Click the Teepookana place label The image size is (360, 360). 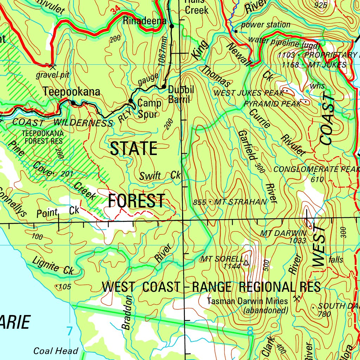click(x=71, y=92)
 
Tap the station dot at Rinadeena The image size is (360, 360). click(x=172, y=26)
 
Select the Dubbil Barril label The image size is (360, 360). click(x=181, y=94)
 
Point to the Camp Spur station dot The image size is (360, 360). click(x=130, y=101)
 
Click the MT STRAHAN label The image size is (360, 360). click(x=240, y=202)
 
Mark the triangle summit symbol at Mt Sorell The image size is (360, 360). click(x=246, y=262)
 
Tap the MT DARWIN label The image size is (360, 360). click(x=283, y=233)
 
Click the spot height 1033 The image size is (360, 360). click(x=298, y=241)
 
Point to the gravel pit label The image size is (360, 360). click(x=53, y=75)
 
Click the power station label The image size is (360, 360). click(x=265, y=25)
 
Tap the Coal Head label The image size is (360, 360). click(x=56, y=351)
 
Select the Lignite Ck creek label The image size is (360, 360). click(x=53, y=266)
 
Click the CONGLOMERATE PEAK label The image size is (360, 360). click(x=316, y=169)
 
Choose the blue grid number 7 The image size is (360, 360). click(x=69, y=331)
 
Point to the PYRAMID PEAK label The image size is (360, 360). click(x=272, y=104)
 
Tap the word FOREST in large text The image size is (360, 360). click(x=136, y=201)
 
